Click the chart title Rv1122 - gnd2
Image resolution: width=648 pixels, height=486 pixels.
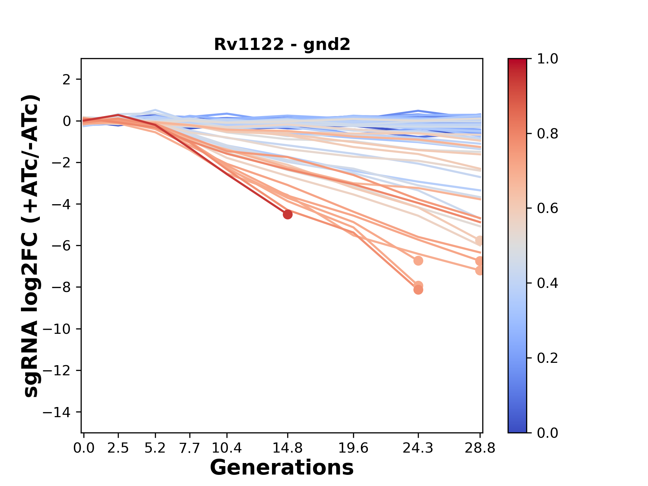[282, 44]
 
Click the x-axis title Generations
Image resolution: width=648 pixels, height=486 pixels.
[282, 468]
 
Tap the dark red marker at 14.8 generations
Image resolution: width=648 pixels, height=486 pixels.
[288, 214]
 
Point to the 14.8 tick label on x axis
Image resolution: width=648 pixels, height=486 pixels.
[288, 448]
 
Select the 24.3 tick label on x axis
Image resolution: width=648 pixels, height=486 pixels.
[418, 448]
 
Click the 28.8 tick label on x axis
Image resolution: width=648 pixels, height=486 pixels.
[480, 448]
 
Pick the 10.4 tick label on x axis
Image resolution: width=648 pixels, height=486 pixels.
[227, 448]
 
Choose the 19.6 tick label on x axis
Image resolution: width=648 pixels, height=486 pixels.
[353, 448]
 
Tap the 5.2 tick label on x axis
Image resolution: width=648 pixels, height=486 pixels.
[155, 448]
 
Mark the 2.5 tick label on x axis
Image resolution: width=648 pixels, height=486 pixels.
[118, 448]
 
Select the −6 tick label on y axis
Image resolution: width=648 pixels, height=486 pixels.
[61, 246]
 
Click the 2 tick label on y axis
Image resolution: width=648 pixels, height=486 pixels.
[66, 80]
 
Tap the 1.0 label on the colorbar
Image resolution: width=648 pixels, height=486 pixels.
[547, 59]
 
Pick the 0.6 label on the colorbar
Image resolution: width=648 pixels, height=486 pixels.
[547, 209]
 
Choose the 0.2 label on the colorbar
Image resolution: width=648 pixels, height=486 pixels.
[547, 358]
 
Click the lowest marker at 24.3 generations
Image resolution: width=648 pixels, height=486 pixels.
[418, 290]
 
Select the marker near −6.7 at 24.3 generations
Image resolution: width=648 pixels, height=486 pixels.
[418, 261]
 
